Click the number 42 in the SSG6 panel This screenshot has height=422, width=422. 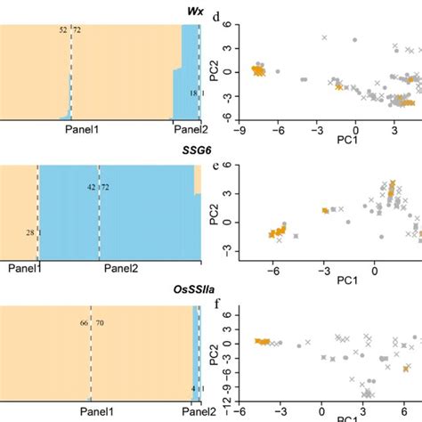[x=91, y=188]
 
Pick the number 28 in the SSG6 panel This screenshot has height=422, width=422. [x=29, y=232]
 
